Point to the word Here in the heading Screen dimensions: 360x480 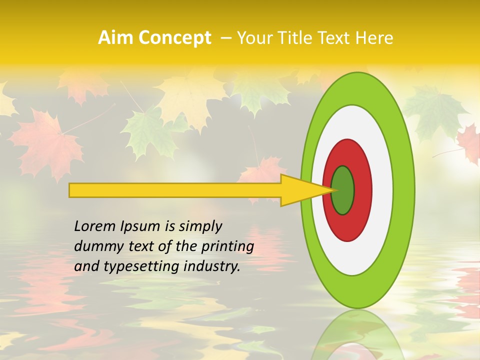point(374,38)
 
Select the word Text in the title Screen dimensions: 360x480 point(336,38)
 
